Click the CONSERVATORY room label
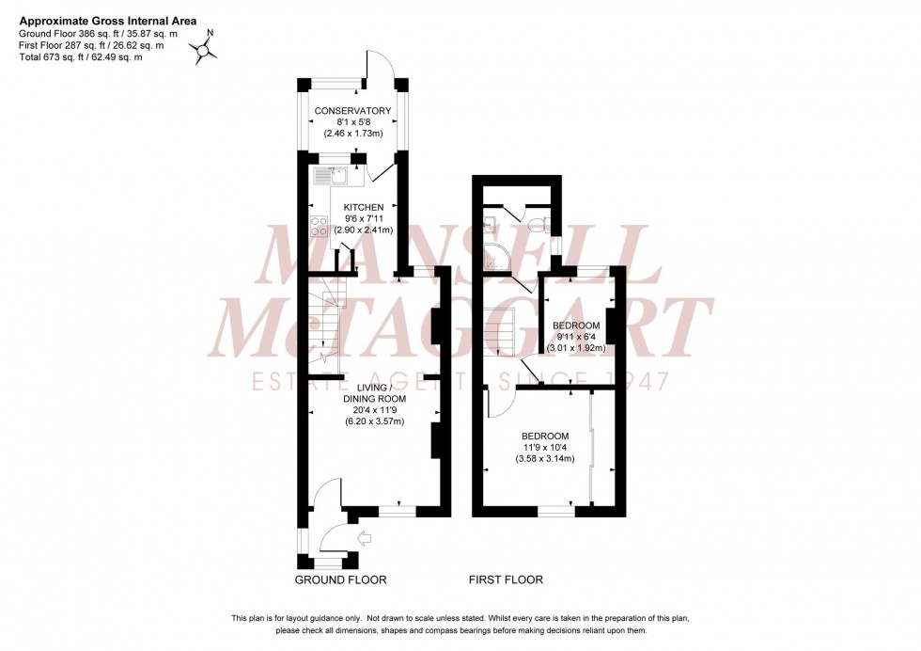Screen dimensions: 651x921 point(352,111)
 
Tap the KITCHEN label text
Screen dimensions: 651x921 point(364,207)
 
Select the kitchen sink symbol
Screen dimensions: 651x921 point(331,173)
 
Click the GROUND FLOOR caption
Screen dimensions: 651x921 point(340,580)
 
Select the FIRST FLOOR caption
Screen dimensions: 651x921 point(508,580)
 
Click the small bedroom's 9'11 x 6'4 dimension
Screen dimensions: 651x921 point(575,337)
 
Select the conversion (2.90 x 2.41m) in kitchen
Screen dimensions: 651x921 point(364,230)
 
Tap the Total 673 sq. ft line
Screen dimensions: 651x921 point(81,57)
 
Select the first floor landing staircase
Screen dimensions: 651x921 point(503,334)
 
